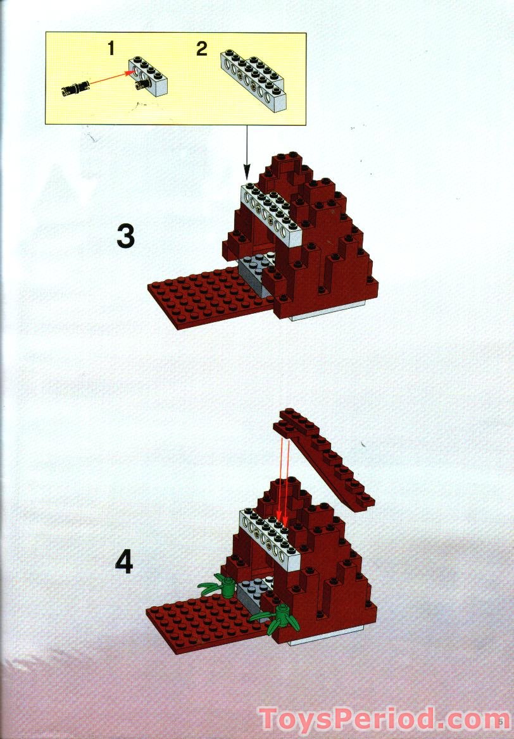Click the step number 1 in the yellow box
tap(111, 48)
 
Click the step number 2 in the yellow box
tap(201, 49)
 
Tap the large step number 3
tap(125, 236)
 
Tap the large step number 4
tap(124, 561)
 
